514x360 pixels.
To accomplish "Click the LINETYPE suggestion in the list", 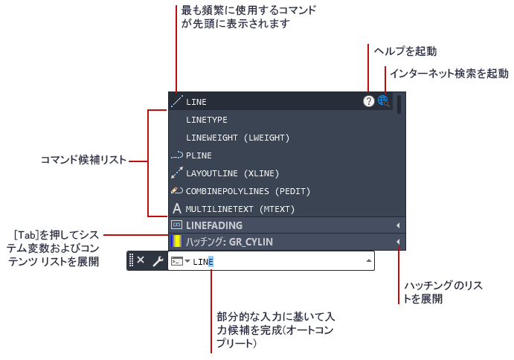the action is click(x=207, y=120).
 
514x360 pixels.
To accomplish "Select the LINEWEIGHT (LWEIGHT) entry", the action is click(x=237, y=138).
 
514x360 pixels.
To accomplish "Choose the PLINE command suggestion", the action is click(x=199, y=155).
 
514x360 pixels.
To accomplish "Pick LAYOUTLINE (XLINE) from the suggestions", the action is click(x=232, y=173).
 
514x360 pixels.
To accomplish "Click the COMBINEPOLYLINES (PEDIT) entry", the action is click(x=248, y=191).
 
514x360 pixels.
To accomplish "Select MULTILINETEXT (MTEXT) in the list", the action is click(x=240, y=209).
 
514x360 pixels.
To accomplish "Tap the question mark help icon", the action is click(x=369, y=101).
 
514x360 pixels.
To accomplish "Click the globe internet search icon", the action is click(x=383, y=101).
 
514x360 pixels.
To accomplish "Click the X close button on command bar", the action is click(x=141, y=260).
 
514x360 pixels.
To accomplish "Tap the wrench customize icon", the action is click(x=158, y=261).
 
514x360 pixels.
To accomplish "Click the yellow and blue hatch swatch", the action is click(x=177, y=241).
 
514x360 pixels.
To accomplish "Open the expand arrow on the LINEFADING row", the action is click(x=398, y=225).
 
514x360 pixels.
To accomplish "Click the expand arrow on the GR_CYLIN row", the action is click(x=398, y=242).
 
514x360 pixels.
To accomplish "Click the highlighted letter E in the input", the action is click(x=211, y=262).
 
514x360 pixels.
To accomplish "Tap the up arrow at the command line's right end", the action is click(x=369, y=260).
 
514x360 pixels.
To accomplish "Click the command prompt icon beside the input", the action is click(x=177, y=261).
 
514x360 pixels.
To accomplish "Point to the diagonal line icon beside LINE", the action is click(x=177, y=101).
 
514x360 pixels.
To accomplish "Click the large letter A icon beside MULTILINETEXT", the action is click(x=177, y=208).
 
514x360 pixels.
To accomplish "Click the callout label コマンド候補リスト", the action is click(x=83, y=160).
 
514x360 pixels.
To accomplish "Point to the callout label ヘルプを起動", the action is click(x=405, y=51).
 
